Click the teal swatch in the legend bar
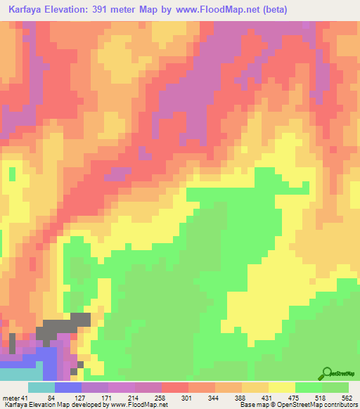tap(41, 388)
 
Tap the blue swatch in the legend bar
tap(68, 388)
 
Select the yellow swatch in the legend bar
tap(281, 388)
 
